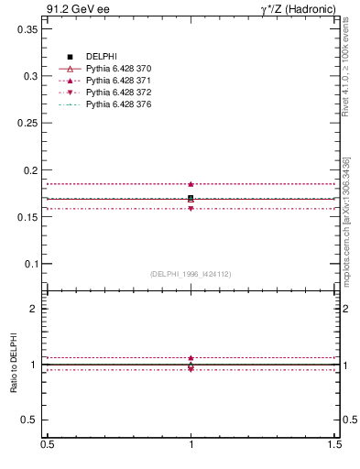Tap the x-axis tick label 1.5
pos(335,444)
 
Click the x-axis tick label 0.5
pos(46,444)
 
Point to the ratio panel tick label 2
pos(35,309)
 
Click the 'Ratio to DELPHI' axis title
pos(15,365)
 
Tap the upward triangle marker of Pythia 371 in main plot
pos(191,184)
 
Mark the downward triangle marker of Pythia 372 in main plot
pos(191,209)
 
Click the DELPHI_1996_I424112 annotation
pos(191,273)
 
